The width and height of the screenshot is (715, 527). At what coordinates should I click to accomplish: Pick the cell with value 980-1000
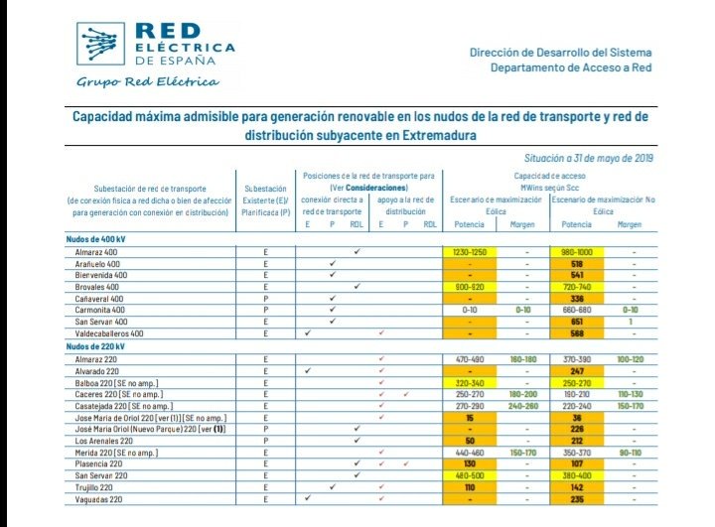pos(576,252)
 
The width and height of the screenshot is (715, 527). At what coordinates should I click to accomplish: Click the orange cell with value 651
pos(576,322)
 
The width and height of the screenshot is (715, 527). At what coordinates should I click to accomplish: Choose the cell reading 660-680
pos(576,310)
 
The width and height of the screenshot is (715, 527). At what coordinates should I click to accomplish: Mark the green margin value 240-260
pos(524,406)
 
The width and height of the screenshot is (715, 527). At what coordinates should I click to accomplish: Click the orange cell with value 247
pos(576,370)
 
